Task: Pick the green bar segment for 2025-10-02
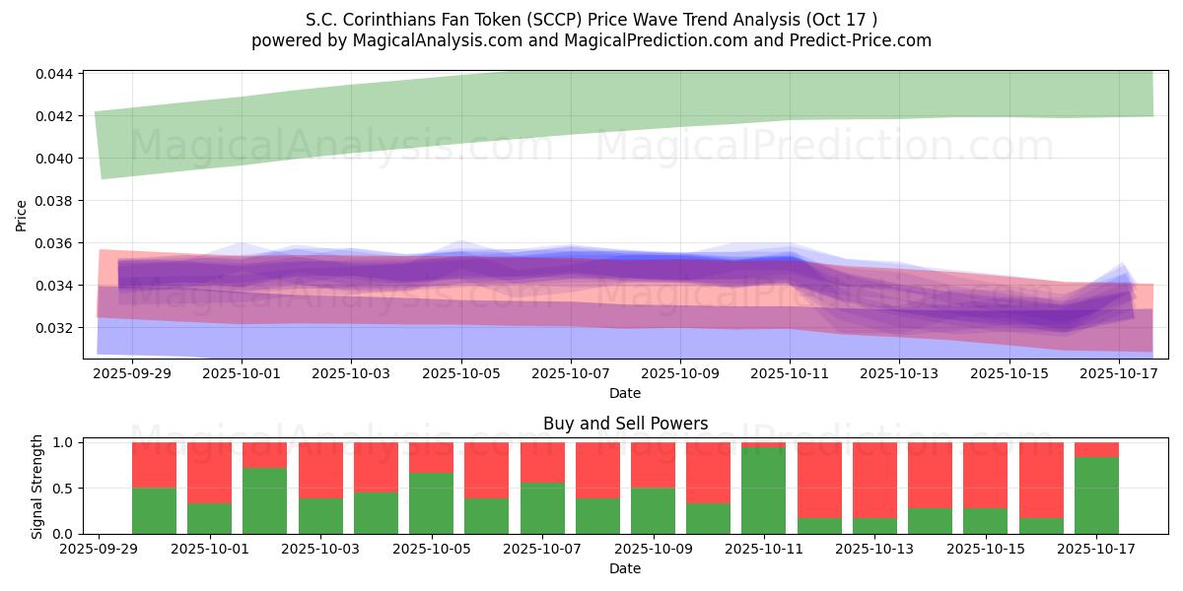264,500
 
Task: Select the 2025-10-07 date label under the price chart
570,375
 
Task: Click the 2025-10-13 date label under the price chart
899,375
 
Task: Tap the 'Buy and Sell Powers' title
625,425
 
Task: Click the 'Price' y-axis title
22,216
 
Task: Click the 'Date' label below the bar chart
625,568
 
